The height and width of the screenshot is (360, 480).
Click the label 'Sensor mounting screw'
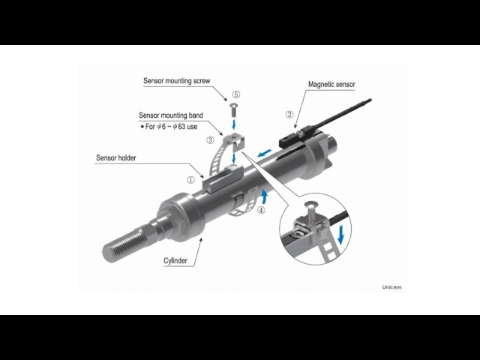tap(177, 81)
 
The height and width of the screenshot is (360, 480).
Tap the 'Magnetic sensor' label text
tap(331, 84)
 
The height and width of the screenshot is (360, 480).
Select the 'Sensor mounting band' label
tap(171, 115)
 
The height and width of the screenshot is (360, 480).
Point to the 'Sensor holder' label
tap(115, 158)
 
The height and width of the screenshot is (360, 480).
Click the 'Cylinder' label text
tap(175, 261)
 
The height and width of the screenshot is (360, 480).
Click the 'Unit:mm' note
tap(391, 287)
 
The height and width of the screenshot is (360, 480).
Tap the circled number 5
tap(236, 94)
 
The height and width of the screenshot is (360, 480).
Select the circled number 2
tap(289, 115)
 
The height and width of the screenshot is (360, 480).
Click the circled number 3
tap(210, 140)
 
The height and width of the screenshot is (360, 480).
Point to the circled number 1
tap(190, 180)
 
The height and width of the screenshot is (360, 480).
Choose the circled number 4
tap(261, 210)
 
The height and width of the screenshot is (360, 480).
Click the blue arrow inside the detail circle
tap(340, 235)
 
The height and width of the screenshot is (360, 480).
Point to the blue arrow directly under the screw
tap(234, 124)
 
